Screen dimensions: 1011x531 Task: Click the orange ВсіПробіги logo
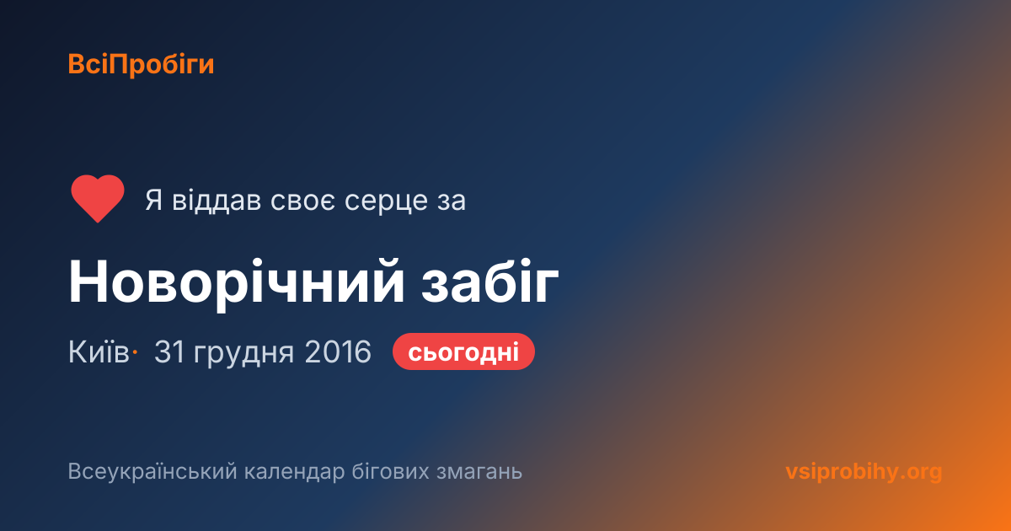(x=141, y=65)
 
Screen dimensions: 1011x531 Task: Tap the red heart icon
(x=98, y=199)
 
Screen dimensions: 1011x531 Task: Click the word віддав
(x=217, y=200)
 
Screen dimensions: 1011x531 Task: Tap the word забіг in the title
(x=490, y=282)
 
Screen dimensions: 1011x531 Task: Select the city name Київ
(x=99, y=351)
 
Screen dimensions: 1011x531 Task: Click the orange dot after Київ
(x=135, y=352)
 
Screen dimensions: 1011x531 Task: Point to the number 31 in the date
(x=169, y=351)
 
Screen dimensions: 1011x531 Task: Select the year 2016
(x=338, y=351)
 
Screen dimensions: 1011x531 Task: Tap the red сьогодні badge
(x=463, y=351)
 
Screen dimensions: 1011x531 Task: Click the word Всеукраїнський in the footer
(x=152, y=472)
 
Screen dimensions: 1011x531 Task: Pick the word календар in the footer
(x=294, y=472)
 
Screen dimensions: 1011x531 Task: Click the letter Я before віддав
(x=154, y=201)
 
